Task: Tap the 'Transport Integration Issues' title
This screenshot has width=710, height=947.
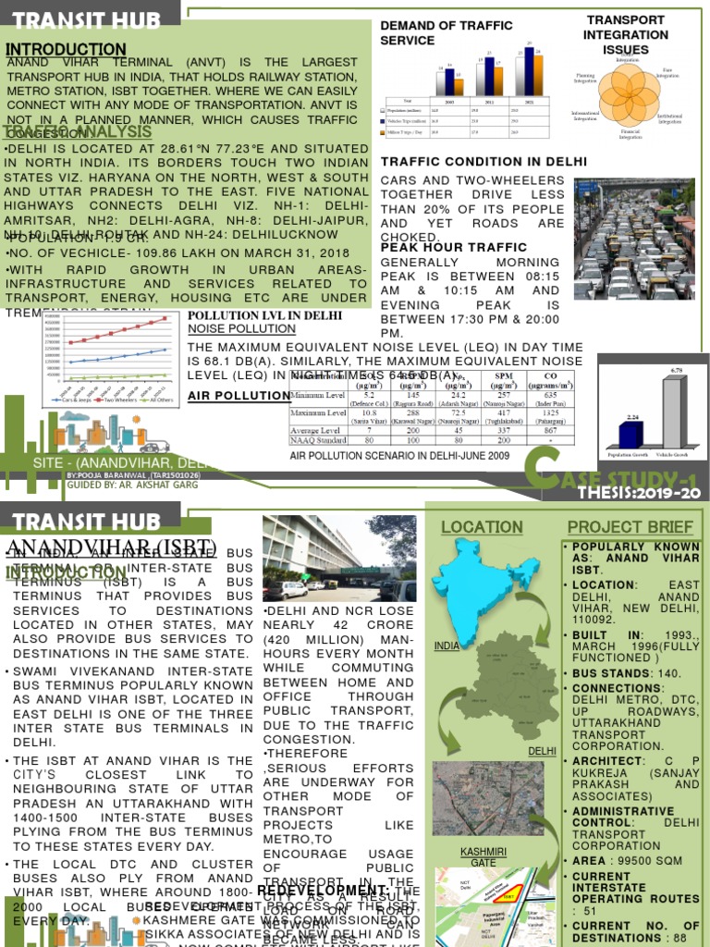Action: (626, 33)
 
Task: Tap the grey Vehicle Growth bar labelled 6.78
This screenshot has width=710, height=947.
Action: (672, 413)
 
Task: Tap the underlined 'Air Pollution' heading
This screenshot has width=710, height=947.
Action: (239, 396)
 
